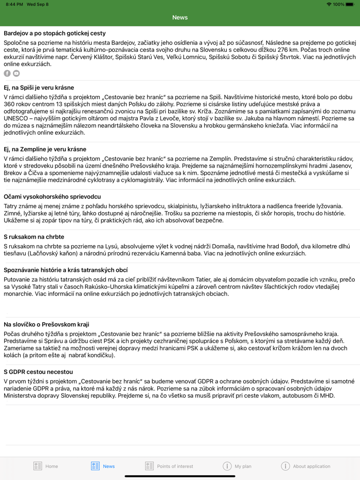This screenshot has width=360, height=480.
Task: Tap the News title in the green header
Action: coord(180,17)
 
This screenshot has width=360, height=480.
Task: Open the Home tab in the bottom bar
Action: coord(46,466)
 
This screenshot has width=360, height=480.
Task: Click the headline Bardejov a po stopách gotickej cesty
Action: coord(55,33)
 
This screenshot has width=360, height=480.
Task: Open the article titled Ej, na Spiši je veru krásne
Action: coord(39,88)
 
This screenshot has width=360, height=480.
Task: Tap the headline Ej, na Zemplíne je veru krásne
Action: coord(45,150)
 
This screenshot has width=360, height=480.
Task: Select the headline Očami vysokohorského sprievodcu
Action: coord(52,197)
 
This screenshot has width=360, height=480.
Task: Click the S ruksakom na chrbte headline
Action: coord(34,237)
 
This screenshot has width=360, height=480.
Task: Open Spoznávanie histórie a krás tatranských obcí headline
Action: coord(65,270)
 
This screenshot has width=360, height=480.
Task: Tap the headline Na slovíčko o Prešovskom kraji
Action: coord(46,324)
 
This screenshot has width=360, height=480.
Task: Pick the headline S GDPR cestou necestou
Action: coord(38,372)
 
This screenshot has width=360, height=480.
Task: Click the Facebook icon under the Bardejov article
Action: coord(7,73)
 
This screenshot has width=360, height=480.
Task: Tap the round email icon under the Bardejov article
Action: coord(16,73)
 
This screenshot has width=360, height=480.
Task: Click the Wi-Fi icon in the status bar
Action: coord(329,4)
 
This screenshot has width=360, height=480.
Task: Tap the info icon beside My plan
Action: coord(227,466)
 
